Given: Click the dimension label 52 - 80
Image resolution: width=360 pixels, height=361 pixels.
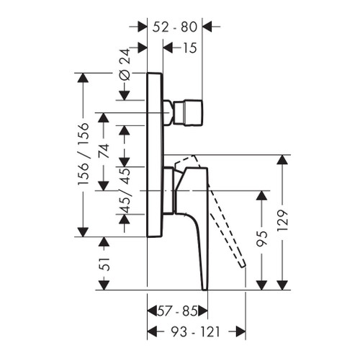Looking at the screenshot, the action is pos(175,27).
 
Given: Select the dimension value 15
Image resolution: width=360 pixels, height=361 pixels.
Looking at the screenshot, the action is pos(189,48).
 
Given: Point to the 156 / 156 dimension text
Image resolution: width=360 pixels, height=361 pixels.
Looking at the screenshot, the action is pos(84,153).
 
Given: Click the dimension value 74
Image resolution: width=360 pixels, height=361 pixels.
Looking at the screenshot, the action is pos(104,151).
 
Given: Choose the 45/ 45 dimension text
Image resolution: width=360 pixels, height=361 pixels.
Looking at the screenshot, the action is pos(125,190).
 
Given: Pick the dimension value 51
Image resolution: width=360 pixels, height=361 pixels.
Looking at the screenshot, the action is pos(104,264).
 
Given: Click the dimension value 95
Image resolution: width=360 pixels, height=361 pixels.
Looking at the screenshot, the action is pos(261,239).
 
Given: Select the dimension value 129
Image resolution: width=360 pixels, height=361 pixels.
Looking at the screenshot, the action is pos(282,220).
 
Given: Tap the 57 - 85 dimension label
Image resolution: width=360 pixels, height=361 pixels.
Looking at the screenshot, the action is pos(177,311).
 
